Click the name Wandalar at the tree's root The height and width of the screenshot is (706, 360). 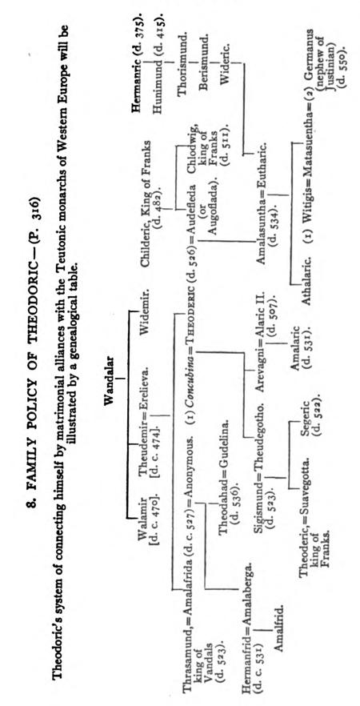110,380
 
